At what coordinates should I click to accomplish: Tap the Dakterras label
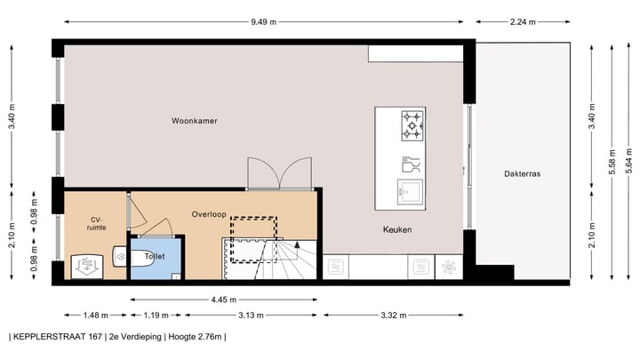(521, 174)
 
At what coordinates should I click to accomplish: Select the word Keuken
(397, 229)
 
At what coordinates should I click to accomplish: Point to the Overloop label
(209, 214)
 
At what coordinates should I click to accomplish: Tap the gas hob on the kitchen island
(413, 125)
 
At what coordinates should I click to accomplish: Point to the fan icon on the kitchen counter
(449, 266)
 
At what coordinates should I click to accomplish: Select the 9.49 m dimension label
(262, 22)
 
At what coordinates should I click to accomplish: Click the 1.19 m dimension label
(156, 315)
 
